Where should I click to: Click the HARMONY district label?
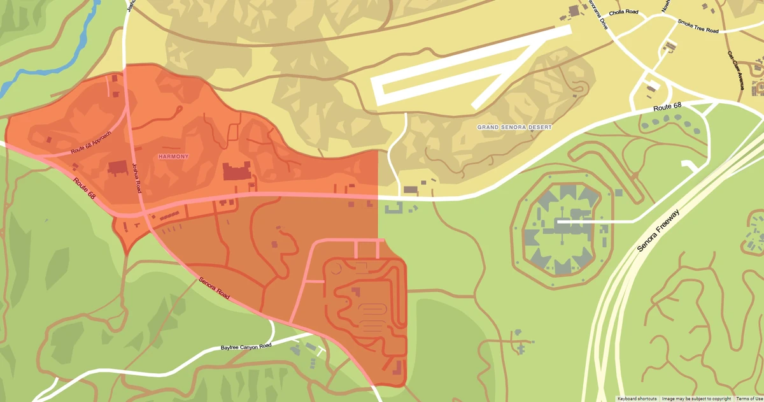pyautogui.click(x=174, y=156)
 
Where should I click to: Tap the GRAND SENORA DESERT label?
pyautogui.click(x=514, y=127)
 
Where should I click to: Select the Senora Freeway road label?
pyautogui.click(x=658, y=231)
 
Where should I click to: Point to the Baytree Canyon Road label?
pyautogui.click(x=246, y=347)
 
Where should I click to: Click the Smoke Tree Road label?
pyautogui.click(x=698, y=26)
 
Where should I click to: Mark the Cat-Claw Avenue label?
pyautogui.click(x=735, y=70)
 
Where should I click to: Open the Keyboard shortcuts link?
pyautogui.click(x=637, y=398)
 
